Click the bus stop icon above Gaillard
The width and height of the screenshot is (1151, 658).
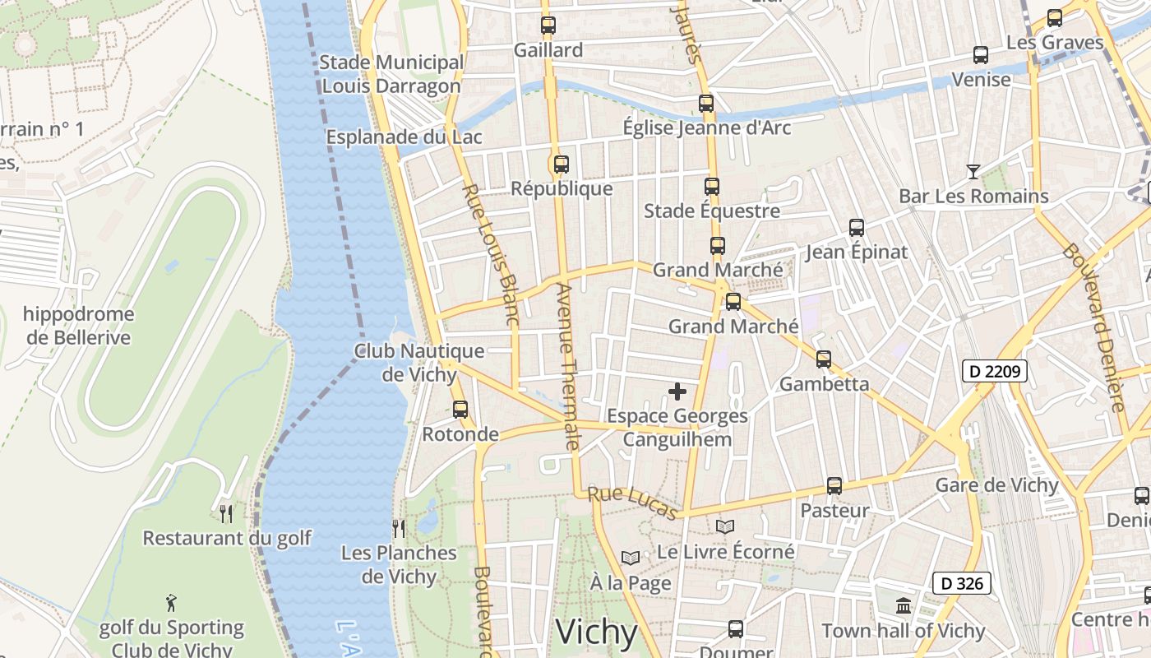(548, 25)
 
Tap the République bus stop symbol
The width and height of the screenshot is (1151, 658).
(562, 164)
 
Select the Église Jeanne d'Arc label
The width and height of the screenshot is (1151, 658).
(706, 127)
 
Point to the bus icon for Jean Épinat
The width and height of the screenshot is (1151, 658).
(857, 228)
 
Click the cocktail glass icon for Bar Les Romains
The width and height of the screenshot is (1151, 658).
(973, 171)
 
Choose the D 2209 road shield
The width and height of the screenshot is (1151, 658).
(994, 372)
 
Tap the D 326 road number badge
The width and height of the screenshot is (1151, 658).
(962, 584)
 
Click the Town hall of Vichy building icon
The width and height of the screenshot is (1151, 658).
(904, 606)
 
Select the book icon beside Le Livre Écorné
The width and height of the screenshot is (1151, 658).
(724, 526)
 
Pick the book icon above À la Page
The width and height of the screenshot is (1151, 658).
(631, 558)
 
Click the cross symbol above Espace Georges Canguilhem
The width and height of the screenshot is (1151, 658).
(677, 392)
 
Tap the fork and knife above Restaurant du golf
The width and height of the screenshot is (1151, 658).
(226, 514)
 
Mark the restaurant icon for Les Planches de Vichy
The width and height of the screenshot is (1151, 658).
(399, 528)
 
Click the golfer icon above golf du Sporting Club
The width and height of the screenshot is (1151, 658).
(171, 603)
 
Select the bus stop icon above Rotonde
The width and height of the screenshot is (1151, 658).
(460, 409)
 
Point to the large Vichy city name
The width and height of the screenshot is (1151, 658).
(597, 633)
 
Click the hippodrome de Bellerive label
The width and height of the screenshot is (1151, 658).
(78, 326)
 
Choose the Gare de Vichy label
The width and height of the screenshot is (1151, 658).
(996, 484)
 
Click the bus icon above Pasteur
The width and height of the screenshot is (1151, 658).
(834, 485)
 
